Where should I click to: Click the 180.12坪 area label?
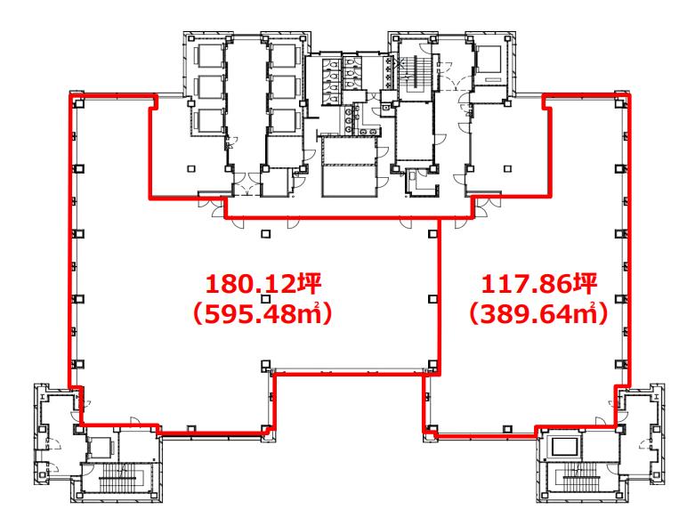pyautogui.click(x=263, y=285)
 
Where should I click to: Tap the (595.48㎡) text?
pyautogui.click(x=263, y=314)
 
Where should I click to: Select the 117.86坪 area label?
pyautogui.click(x=539, y=285)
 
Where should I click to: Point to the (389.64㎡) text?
pyautogui.click(x=538, y=314)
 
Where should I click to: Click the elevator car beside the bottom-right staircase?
pyautogui.click(x=564, y=447)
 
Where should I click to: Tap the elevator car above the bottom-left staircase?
pyautogui.click(x=101, y=448)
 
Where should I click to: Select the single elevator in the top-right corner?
pyautogui.click(x=489, y=60)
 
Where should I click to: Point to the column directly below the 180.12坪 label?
pyautogui.click(x=265, y=299)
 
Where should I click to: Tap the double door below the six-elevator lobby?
pyautogui.click(x=247, y=184)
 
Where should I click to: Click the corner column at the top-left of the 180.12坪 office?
pyautogui.click(x=78, y=103)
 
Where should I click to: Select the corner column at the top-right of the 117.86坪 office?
pyautogui.click(x=619, y=102)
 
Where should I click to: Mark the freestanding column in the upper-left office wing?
pyautogui.click(x=190, y=168)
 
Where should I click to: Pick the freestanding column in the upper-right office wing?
pyautogui.click(x=508, y=168)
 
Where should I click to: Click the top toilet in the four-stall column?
pyautogui.click(x=333, y=65)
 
